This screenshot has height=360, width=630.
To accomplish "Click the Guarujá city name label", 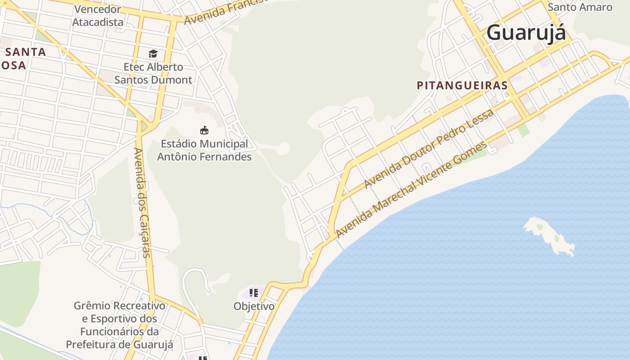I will click(x=526, y=33).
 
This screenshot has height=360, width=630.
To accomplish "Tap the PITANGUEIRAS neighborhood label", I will click(x=462, y=85).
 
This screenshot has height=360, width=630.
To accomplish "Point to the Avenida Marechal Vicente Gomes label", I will click(x=411, y=189).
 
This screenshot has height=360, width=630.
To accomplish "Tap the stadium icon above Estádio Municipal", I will click(x=204, y=130).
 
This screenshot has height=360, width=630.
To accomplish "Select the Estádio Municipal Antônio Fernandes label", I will click(x=204, y=150).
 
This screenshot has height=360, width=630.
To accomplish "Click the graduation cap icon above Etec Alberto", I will click(x=153, y=54).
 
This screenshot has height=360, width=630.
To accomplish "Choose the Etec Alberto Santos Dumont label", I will click(x=153, y=73).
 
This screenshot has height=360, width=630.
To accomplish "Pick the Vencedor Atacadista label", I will click(x=98, y=15).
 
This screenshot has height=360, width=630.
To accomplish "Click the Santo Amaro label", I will click(x=580, y=7).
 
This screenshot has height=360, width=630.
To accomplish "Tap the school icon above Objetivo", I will click(x=253, y=293).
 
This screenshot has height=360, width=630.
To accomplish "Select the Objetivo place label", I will click(x=254, y=306).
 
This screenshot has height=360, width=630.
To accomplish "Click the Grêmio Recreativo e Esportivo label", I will click(x=119, y=325).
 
